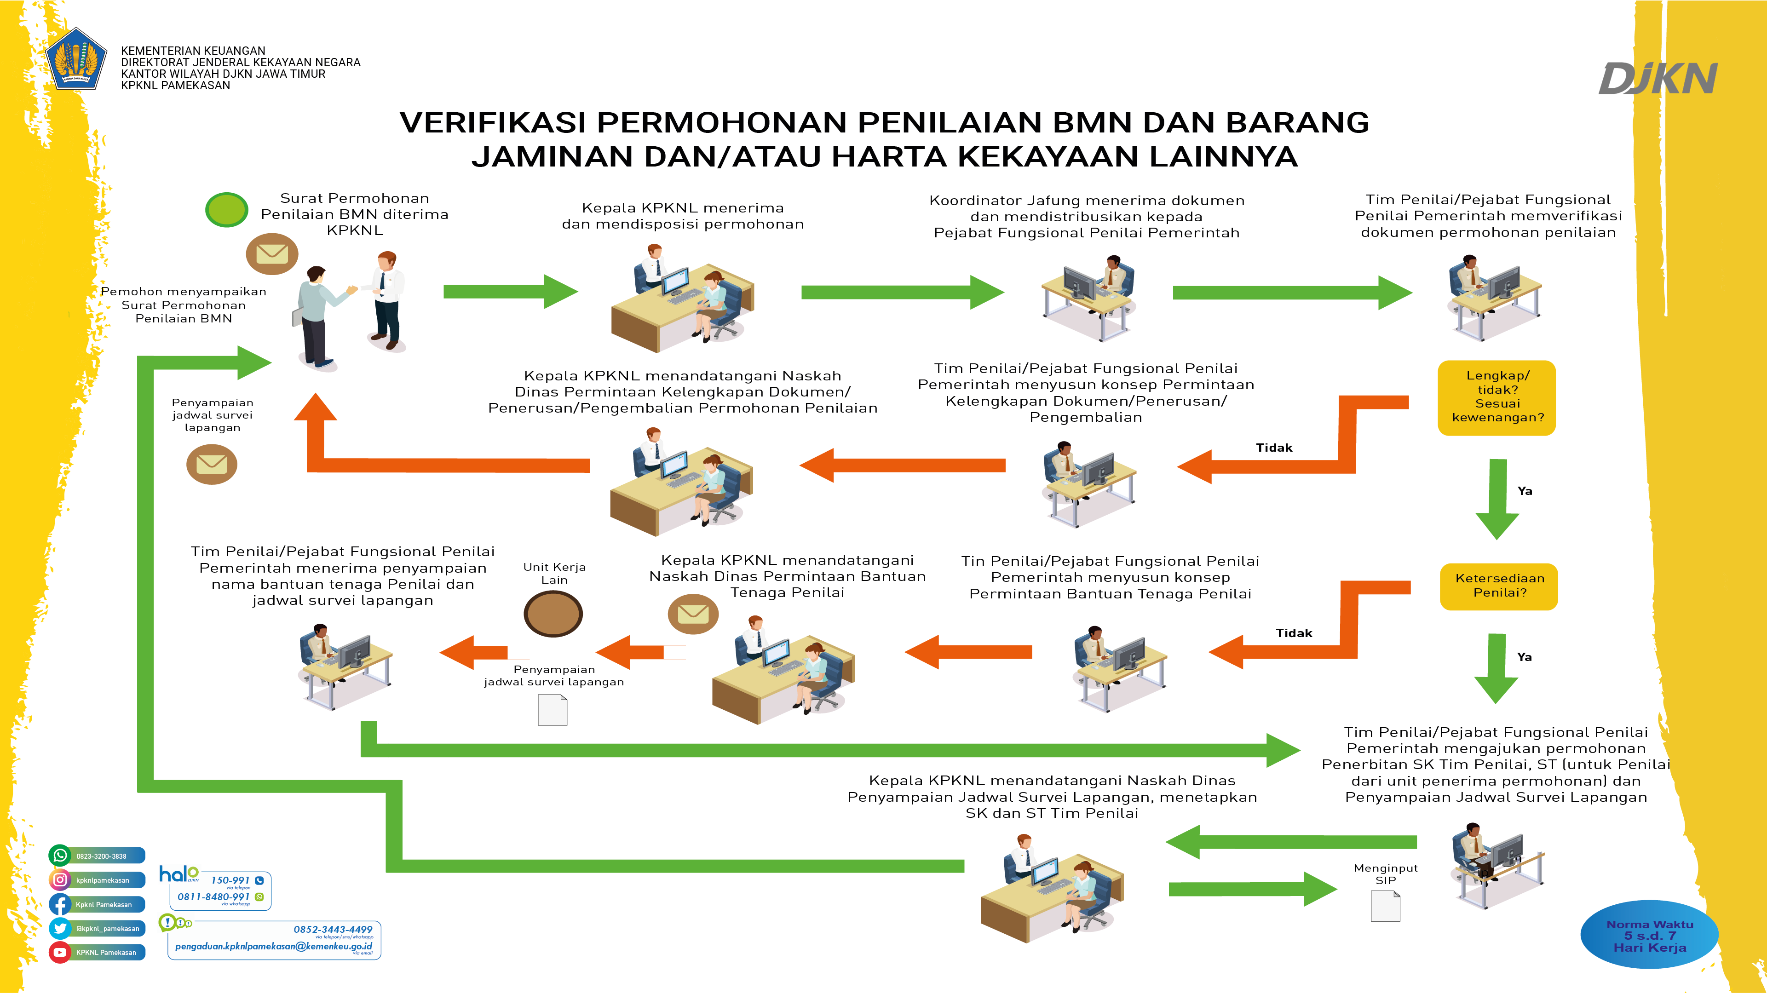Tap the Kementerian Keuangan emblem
(76, 59)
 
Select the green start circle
(226, 210)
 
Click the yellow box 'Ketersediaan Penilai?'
(1499, 586)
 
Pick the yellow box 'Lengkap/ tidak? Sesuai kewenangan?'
(1497, 397)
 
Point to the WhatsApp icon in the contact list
(60, 856)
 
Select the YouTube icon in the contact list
(60, 952)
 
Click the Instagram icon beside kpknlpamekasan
(60, 879)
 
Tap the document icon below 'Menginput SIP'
(1385, 906)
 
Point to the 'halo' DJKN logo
(178, 874)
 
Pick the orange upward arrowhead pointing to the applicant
(316, 408)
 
